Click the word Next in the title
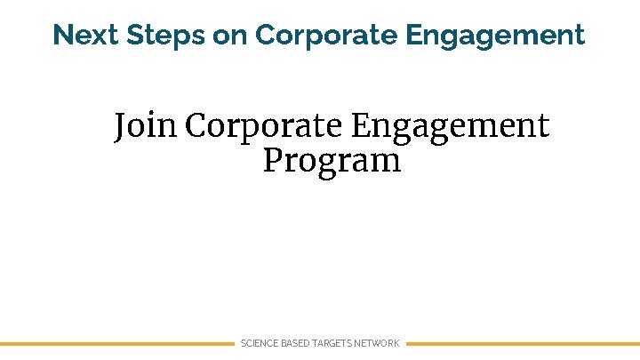pos(86,36)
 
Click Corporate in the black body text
pos(264,126)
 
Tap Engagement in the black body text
pos(450,127)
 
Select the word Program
pos(332,162)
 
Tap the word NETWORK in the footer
pos(378,343)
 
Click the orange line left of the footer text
pos(116,343)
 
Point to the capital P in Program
pos(272,161)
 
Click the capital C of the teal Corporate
pos(266,36)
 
